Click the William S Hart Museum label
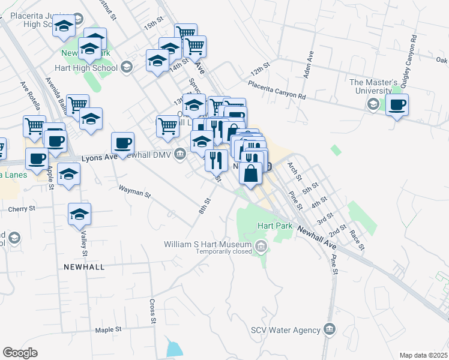[x=208, y=245]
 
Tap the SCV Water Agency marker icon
[x=329, y=329]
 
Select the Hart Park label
[x=274, y=226]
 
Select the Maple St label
[x=108, y=330]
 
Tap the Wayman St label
[x=134, y=192]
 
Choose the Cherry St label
[x=22, y=209]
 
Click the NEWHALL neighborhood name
[x=85, y=266]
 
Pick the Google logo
[x=20, y=353]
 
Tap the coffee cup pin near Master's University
[x=397, y=105]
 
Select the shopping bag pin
[x=251, y=173]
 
